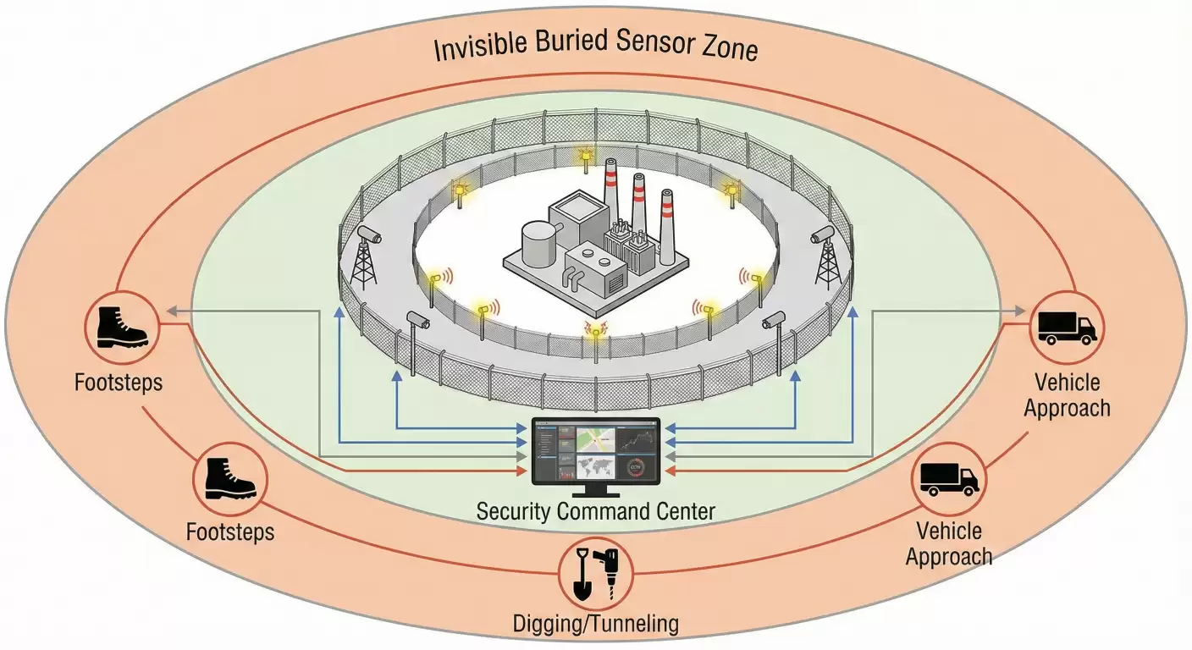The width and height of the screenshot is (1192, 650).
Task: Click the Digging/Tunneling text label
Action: pos(596,625)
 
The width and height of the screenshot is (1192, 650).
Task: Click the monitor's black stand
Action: pos(595,492)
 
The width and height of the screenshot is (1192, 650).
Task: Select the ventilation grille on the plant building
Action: pos(615,278)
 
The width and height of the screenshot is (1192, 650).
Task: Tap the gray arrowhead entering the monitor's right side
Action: pos(669,457)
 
